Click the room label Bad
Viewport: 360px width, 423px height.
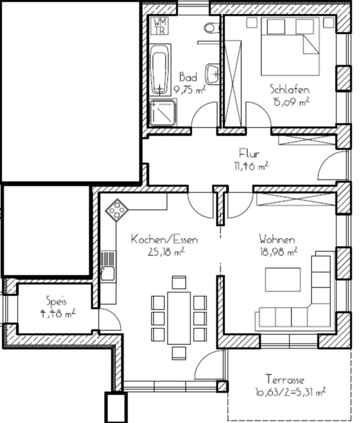(188, 77)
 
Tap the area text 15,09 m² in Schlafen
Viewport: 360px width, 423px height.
(291, 102)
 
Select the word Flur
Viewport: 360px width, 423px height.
(249, 154)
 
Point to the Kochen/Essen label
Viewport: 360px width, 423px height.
(164, 240)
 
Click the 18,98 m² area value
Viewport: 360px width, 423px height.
(279, 252)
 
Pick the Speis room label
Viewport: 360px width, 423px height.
(56, 301)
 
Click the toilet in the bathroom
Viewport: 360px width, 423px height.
(212, 28)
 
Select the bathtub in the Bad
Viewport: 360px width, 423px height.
(160, 69)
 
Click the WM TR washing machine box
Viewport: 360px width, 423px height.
(160, 26)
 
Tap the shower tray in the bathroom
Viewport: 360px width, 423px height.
(163, 113)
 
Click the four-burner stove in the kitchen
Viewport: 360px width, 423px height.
(117, 210)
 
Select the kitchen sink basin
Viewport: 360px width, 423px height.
(108, 274)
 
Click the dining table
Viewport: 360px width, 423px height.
(179, 318)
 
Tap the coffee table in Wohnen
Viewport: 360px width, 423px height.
(283, 280)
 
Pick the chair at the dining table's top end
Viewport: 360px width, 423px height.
(179, 283)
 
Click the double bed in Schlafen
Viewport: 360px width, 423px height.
(290, 46)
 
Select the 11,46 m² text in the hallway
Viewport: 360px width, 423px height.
(251, 166)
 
